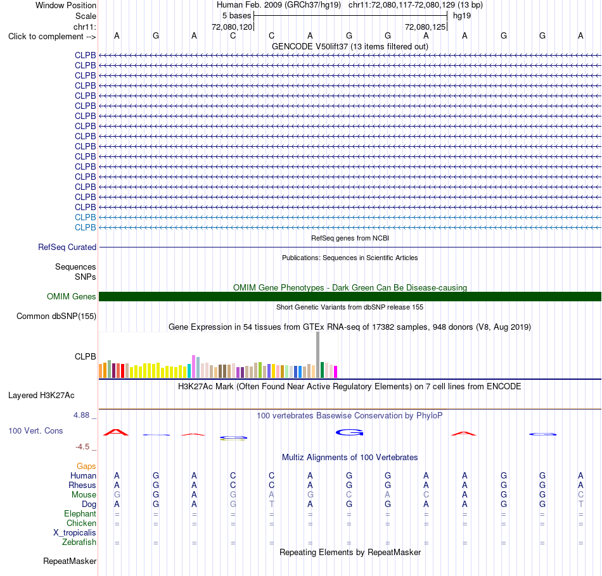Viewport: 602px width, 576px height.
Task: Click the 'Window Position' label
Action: point(66,5)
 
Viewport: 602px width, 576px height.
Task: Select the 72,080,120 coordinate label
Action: point(232,27)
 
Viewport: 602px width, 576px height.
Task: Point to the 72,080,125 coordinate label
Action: point(425,27)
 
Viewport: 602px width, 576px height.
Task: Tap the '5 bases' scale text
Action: point(236,16)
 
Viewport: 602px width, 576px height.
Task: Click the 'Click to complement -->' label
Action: point(52,37)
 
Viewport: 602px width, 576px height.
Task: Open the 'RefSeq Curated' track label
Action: point(67,247)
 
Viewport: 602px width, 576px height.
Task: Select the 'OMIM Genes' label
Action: point(71,296)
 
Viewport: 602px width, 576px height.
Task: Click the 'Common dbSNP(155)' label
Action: point(56,316)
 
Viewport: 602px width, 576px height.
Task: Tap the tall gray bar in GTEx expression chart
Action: point(318,355)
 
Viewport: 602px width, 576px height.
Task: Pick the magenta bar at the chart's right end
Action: point(336,372)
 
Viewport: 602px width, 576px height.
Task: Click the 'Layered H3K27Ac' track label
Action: point(41,396)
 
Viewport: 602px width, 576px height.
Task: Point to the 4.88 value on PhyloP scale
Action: point(81,415)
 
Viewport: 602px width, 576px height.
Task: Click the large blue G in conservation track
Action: point(349,432)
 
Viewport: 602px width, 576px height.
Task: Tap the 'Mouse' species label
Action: point(84,495)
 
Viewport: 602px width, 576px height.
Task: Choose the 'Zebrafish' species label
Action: point(79,542)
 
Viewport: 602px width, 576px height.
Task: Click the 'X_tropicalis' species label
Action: point(75,533)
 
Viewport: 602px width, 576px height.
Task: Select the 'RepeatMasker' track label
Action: point(70,561)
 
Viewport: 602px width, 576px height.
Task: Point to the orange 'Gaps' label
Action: point(86,466)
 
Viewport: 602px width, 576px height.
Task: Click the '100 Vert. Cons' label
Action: point(35,431)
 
